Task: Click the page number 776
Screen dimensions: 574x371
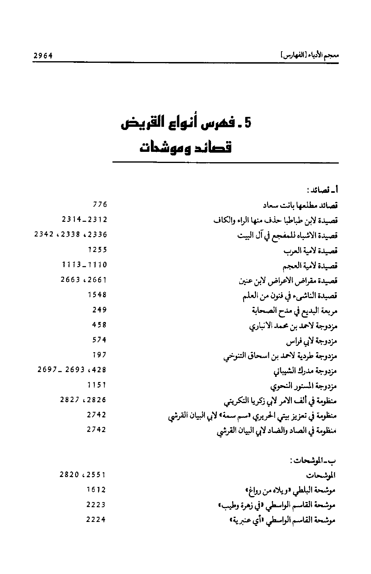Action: (x=100, y=205)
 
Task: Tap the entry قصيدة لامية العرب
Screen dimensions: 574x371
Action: (x=310, y=251)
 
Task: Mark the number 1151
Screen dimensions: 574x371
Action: (x=97, y=385)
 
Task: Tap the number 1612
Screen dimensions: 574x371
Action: (x=96, y=490)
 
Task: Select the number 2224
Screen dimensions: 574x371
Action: (x=96, y=519)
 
